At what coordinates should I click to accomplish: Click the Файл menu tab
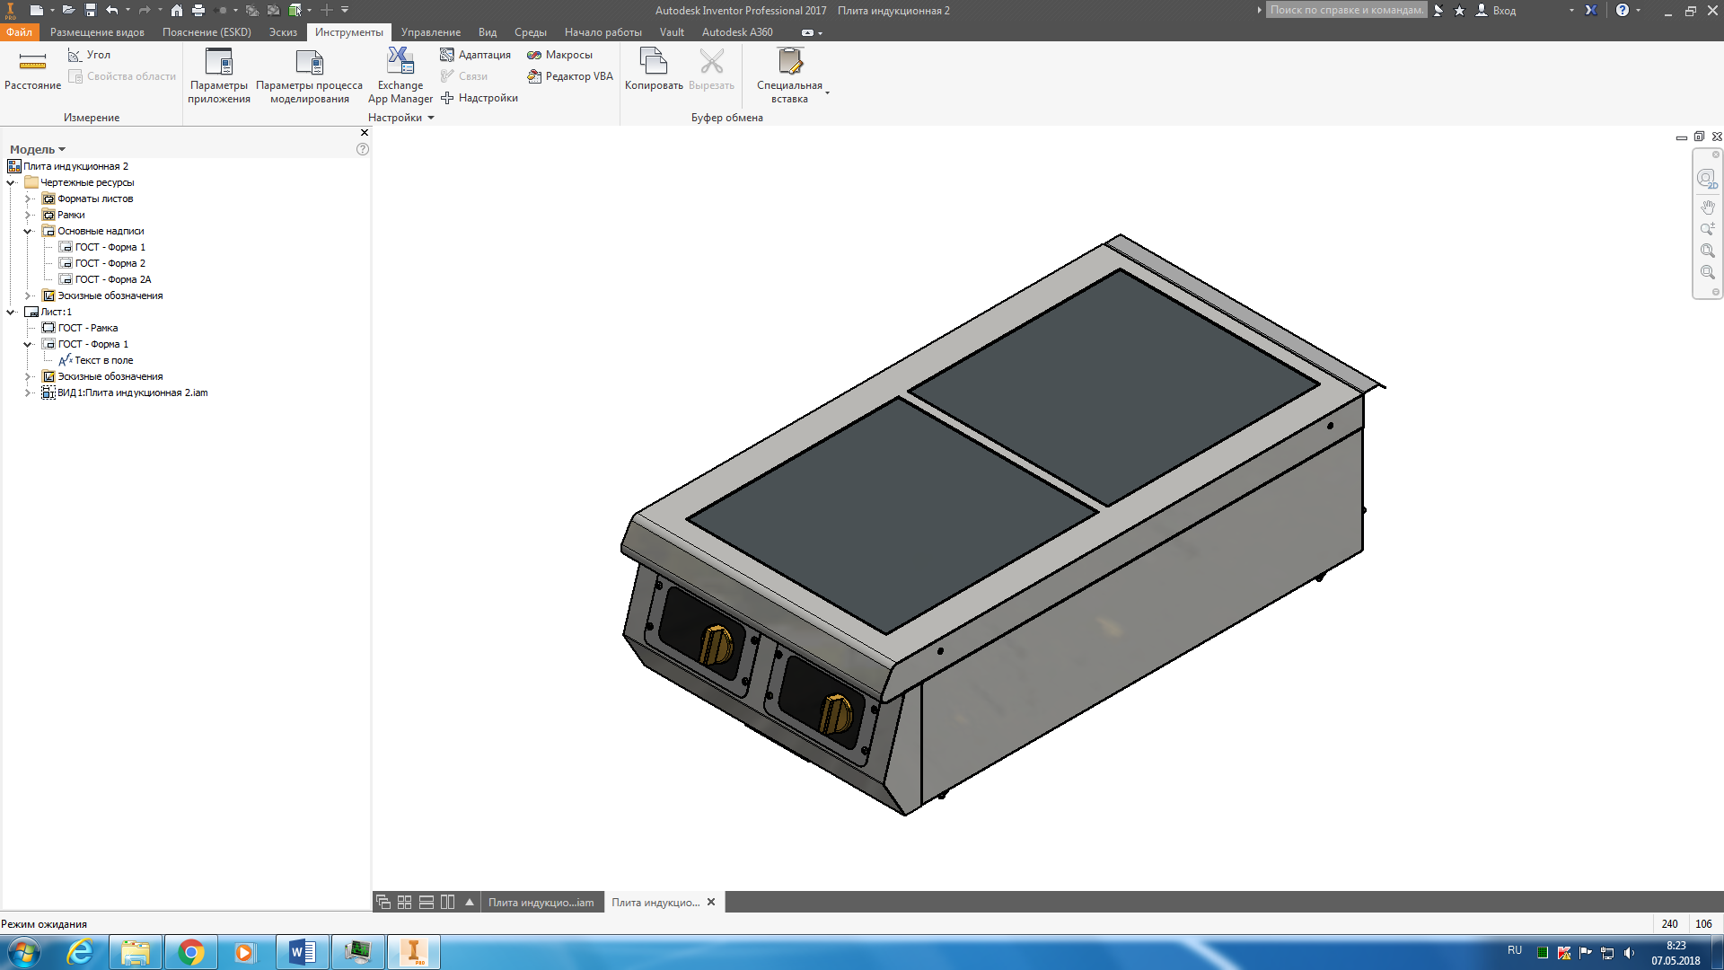point(19,32)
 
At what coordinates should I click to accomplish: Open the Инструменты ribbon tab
point(348,32)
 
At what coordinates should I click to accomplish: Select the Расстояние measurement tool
point(32,70)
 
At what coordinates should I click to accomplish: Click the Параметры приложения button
point(219,76)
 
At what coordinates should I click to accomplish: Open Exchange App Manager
point(400,76)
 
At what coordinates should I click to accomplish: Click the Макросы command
point(560,55)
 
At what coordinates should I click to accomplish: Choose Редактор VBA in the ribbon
point(570,76)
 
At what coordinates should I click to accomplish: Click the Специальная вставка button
point(789,76)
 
